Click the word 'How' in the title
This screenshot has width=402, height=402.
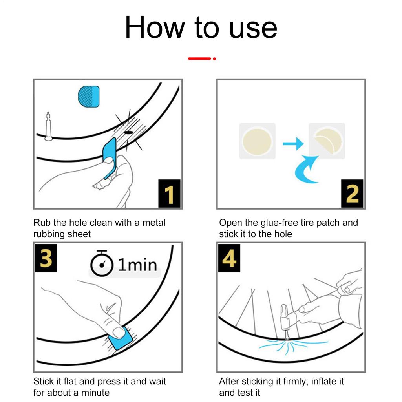(x=155, y=27)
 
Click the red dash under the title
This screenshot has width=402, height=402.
(x=200, y=58)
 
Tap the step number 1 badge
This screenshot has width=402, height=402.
(x=169, y=194)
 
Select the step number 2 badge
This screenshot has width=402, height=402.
(x=353, y=194)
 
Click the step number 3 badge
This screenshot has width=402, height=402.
(x=46, y=258)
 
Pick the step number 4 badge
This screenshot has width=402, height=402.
(x=229, y=258)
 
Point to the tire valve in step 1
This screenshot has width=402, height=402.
(x=48, y=126)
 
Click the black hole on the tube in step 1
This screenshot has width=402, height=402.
(x=128, y=133)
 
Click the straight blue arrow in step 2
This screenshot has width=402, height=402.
(x=293, y=144)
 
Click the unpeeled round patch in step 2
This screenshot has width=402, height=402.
(x=257, y=141)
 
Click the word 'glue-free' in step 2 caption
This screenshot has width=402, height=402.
(x=278, y=223)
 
